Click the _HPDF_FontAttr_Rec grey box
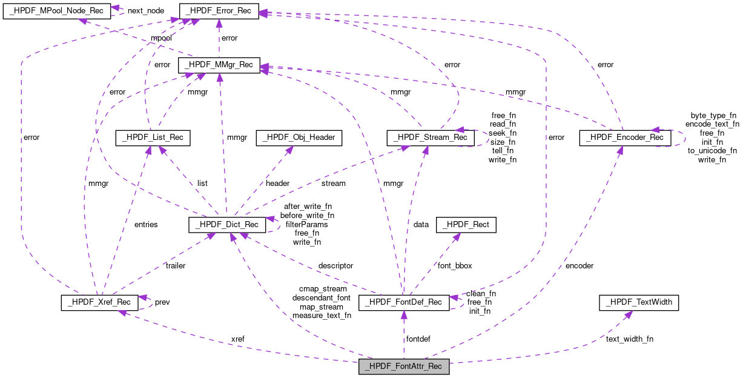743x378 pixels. point(404,366)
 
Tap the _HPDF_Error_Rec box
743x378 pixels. point(219,10)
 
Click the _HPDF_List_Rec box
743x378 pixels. point(153,139)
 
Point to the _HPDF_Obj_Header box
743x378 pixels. point(299,139)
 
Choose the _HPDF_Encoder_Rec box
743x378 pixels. point(625,138)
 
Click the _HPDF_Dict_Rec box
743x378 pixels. point(227,224)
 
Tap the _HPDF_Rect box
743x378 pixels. point(466,224)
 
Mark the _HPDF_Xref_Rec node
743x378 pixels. point(100,302)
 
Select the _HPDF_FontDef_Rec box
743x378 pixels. point(404,302)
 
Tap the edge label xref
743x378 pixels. point(238,339)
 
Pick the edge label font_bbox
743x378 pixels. point(455,265)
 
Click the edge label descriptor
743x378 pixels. point(335,265)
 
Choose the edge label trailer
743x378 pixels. point(175,265)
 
